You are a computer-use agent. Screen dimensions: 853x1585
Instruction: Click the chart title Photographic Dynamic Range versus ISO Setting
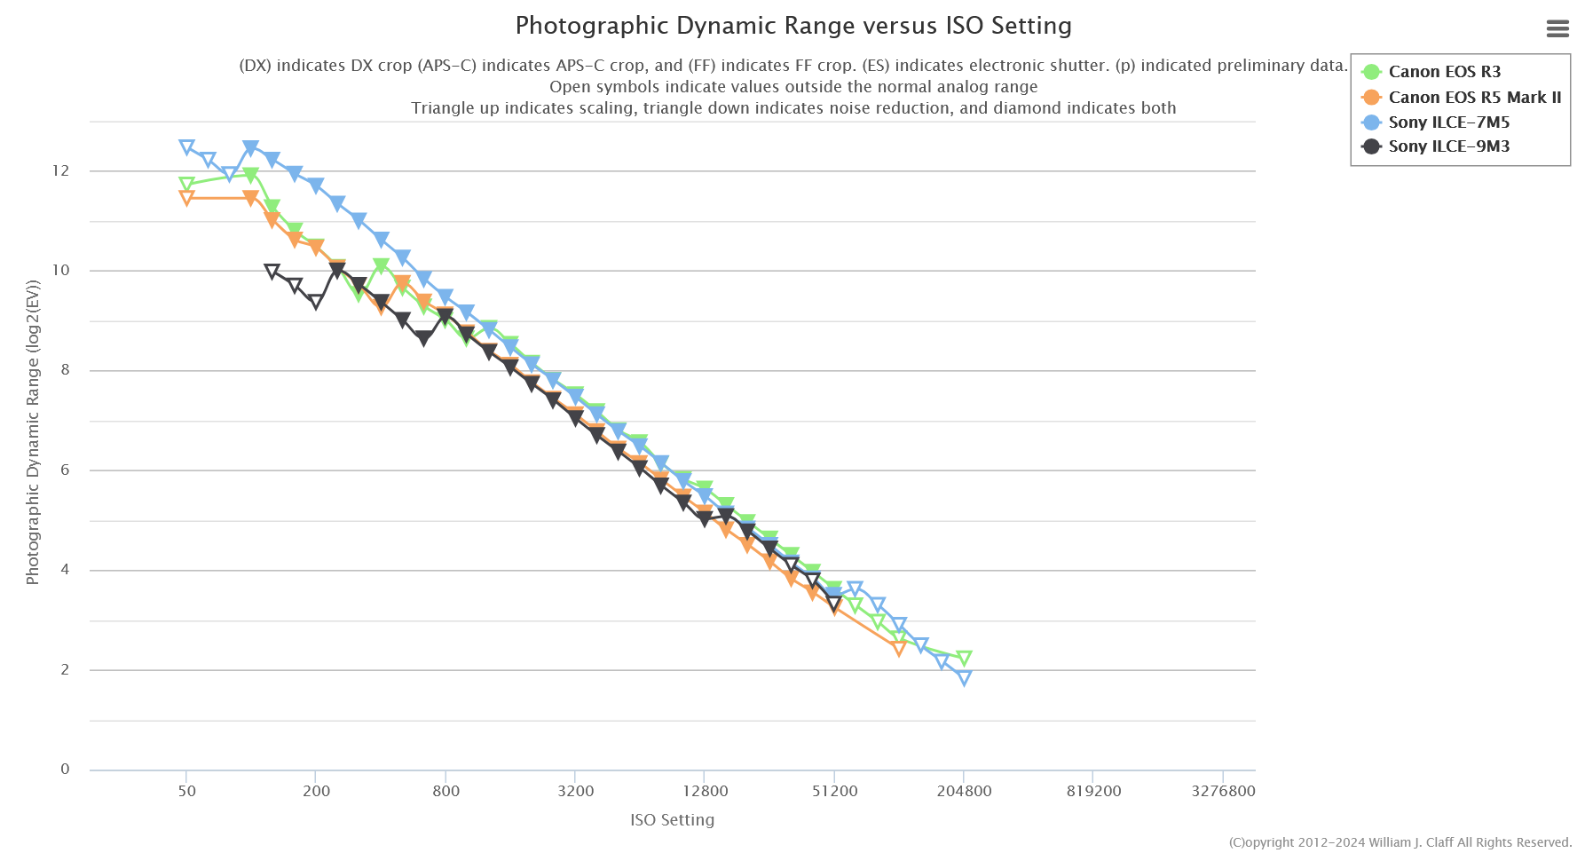coord(793,26)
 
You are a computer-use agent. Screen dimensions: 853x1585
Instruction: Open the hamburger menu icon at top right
coord(1557,29)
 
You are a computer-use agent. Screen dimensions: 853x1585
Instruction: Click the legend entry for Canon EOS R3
coord(1444,72)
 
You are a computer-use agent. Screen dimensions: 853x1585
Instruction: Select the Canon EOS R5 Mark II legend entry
coord(1474,98)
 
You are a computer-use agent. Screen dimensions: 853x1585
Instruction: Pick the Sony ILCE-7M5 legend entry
coord(1448,122)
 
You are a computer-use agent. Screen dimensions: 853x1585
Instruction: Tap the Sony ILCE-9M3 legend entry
coord(1448,146)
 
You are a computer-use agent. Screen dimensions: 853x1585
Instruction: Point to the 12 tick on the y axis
coord(60,170)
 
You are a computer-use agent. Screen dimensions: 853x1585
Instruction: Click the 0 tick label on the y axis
coord(65,770)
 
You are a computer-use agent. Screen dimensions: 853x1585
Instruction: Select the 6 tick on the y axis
coord(65,470)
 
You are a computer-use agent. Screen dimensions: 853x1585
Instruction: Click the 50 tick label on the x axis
coord(186,791)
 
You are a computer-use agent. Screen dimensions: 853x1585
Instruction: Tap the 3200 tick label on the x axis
coord(576,791)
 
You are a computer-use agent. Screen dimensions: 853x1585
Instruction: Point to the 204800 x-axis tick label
coord(964,791)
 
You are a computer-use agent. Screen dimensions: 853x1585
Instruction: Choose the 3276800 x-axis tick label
coord(1223,791)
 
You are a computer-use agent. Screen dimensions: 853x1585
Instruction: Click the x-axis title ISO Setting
coord(672,820)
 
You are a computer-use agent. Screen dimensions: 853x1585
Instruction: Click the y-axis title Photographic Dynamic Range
coord(33,432)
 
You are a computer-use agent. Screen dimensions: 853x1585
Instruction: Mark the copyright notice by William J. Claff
coord(1400,842)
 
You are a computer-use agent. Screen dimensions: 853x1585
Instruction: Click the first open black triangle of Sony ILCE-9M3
coord(272,272)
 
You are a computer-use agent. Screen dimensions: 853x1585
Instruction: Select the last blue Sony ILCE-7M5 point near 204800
coord(965,678)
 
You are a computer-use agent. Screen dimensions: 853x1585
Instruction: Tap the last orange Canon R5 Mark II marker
coord(899,648)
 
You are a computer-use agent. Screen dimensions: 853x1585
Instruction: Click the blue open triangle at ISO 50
coord(186,147)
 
